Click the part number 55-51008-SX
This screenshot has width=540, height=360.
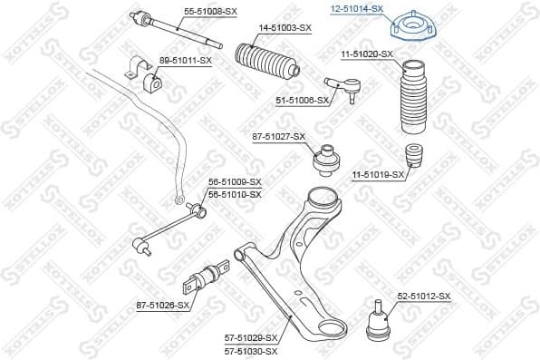tap(210, 12)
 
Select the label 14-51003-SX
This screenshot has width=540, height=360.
tap(284, 28)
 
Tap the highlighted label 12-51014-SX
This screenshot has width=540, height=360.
tap(356, 8)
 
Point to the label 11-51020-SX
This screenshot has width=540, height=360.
tap(367, 55)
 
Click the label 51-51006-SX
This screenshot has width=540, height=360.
tap(302, 101)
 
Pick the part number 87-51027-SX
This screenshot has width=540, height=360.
tap(279, 137)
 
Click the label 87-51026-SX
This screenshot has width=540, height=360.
tap(164, 305)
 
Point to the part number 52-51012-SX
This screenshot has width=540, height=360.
tap(423, 296)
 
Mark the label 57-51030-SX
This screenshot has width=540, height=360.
tap(250, 350)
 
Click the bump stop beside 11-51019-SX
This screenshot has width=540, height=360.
tap(416, 157)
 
